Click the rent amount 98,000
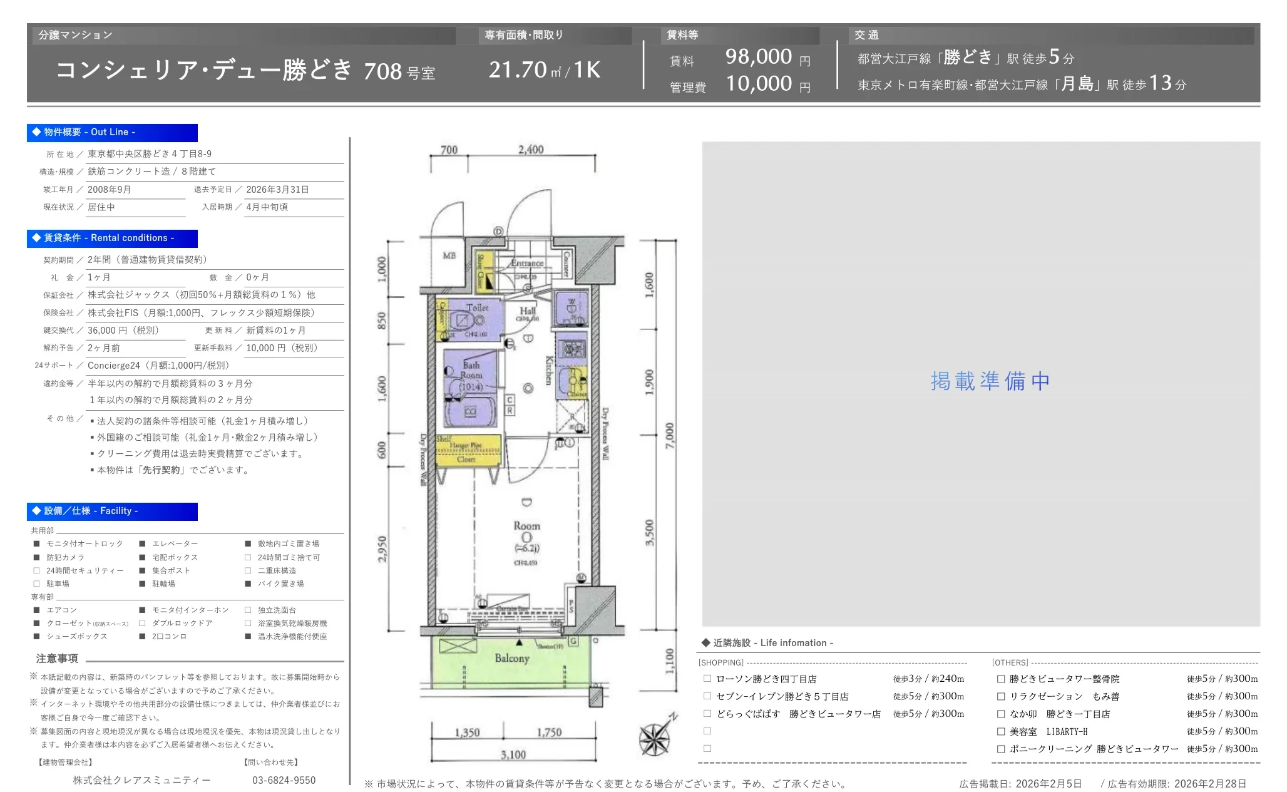(758, 57)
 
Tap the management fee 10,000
(758, 83)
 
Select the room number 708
(382, 71)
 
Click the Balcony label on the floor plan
(511, 658)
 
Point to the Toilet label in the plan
(477, 307)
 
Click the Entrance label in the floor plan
(526, 264)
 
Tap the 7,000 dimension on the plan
(670, 436)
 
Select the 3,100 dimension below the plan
(513, 754)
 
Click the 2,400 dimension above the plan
(531, 150)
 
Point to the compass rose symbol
(655, 738)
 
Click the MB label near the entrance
(449, 255)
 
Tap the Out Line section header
(113, 132)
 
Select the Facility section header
(113, 511)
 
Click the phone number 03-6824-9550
(284, 780)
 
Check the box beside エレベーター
(143, 544)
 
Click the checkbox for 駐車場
(36, 584)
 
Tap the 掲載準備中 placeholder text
(990, 381)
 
